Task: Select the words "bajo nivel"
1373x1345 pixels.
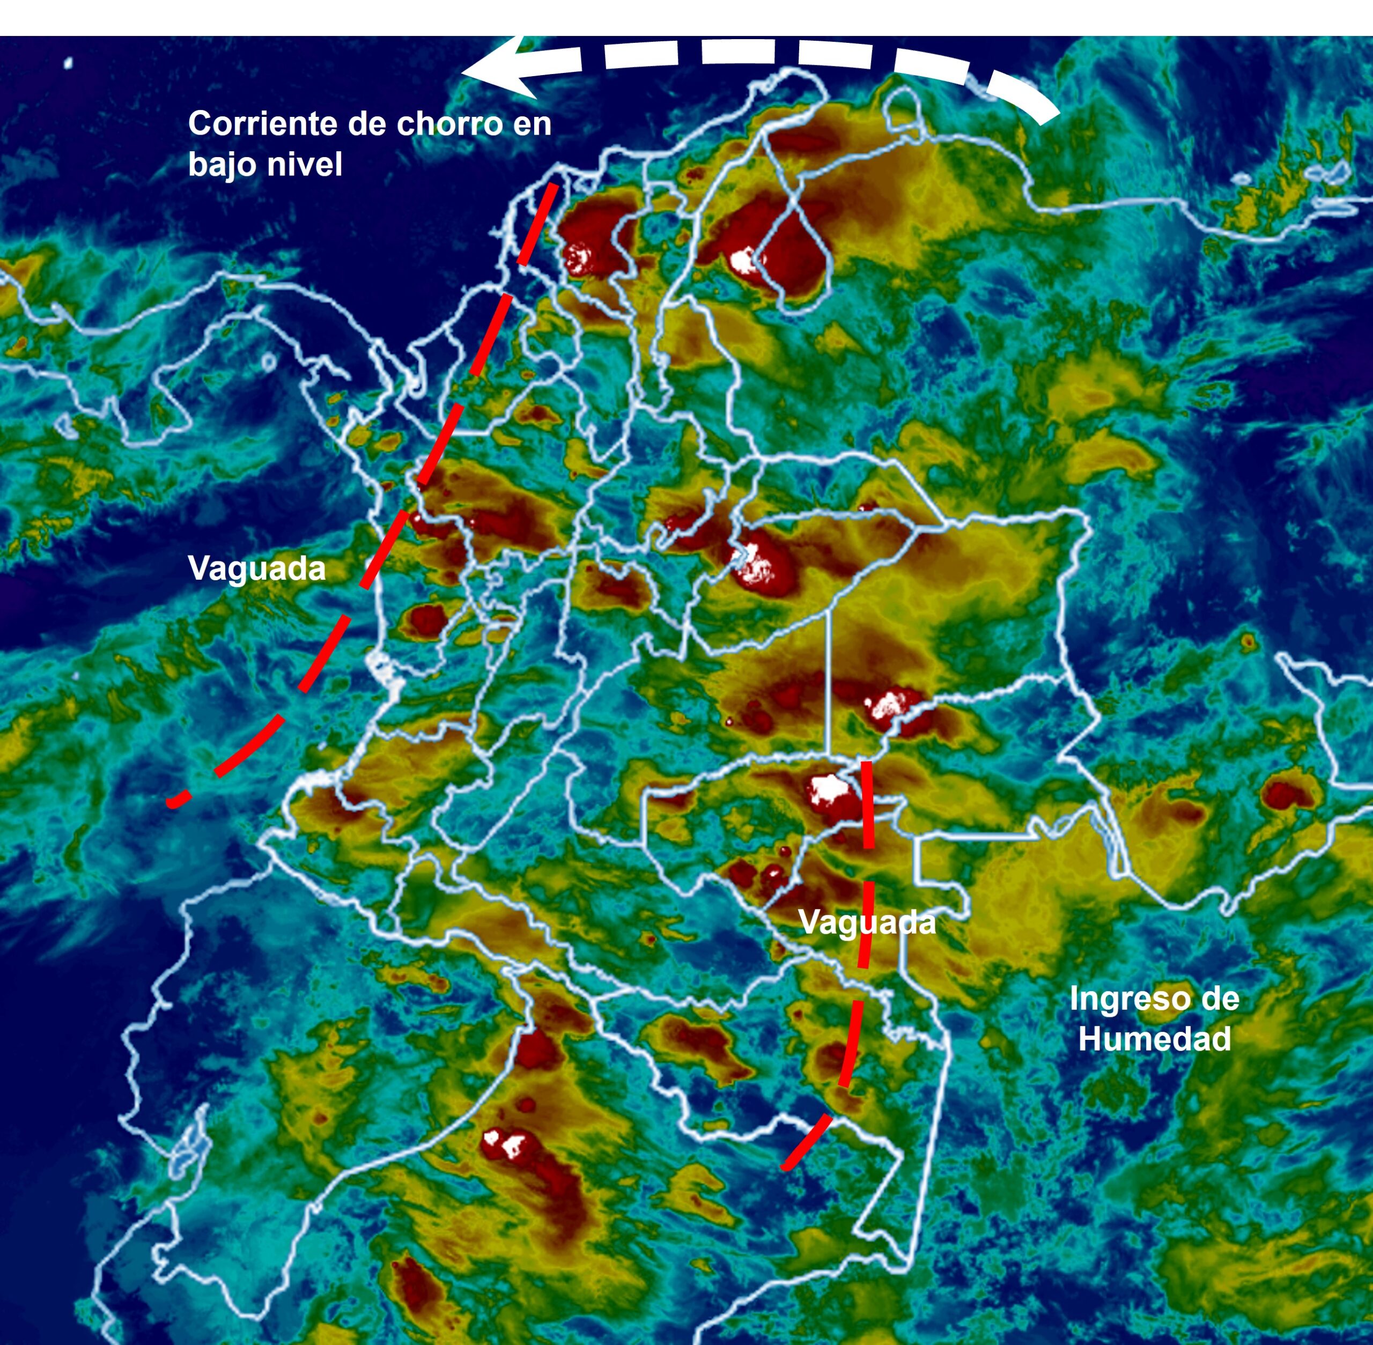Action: (265, 165)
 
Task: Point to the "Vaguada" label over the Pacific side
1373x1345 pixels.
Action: (256, 568)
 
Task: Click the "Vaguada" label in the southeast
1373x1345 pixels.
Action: (867, 922)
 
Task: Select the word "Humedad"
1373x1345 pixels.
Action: (1155, 1038)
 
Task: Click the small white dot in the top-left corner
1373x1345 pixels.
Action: (69, 63)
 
